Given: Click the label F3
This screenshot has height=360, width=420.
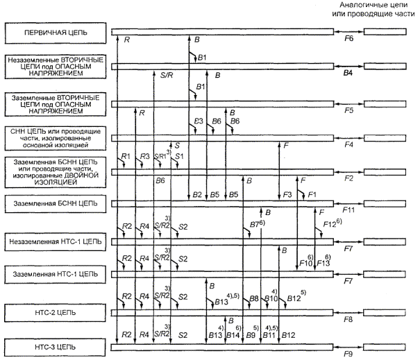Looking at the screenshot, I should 287,195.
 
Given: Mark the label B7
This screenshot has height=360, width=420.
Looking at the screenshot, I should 254,225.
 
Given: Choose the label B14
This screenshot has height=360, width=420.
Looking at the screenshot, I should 233,335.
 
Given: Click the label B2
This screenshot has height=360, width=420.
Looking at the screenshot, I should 197,195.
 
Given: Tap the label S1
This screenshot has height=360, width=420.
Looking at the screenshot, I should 179,157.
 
